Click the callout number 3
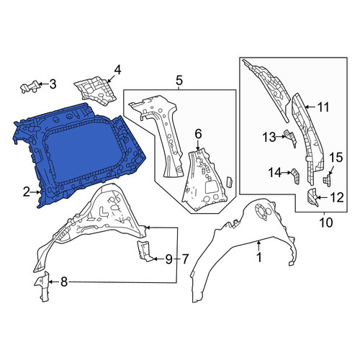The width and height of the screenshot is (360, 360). click(x=53, y=84)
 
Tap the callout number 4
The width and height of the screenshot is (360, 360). click(x=117, y=71)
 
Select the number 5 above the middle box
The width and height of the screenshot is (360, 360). click(x=179, y=81)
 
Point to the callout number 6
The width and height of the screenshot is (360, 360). click(x=198, y=135)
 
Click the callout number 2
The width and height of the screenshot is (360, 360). click(x=27, y=192)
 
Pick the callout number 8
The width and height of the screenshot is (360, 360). click(x=64, y=282)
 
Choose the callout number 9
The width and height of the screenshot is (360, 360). click(x=168, y=259)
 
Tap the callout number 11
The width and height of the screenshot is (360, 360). click(x=323, y=107)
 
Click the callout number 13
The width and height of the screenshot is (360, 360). click(x=269, y=138)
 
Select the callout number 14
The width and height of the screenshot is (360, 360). click(x=274, y=173)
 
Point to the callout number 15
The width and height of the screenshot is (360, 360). click(x=336, y=158)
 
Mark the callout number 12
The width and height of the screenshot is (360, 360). click(x=337, y=198)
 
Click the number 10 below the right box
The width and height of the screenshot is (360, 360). click(x=326, y=222)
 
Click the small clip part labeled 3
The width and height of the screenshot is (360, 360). click(x=30, y=86)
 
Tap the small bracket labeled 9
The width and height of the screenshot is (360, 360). click(x=143, y=251)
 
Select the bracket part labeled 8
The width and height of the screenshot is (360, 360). click(x=42, y=286)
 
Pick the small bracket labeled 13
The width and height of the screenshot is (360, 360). click(x=291, y=138)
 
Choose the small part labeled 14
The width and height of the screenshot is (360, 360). click(x=296, y=176)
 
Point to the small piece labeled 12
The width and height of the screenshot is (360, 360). click(x=312, y=197)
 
